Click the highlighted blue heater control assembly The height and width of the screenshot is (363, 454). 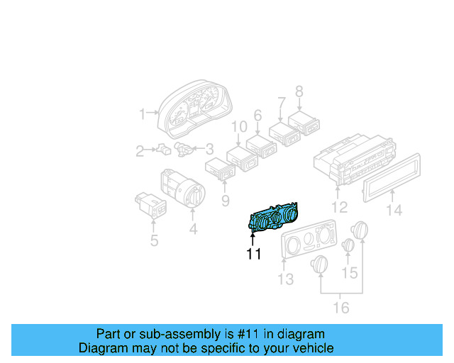pyautogui.click(x=274, y=219)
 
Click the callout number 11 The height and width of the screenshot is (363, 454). pyautogui.click(x=254, y=254)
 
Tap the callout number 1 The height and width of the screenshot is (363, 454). pyautogui.click(x=143, y=113)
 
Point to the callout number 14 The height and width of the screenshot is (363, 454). pyautogui.click(x=394, y=210)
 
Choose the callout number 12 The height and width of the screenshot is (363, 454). pyautogui.click(x=340, y=208)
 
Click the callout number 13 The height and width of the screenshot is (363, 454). pyautogui.click(x=284, y=279)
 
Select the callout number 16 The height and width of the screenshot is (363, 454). pyautogui.click(x=341, y=307)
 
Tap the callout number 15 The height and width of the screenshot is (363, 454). pyautogui.click(x=350, y=272)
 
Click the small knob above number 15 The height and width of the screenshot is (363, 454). pyautogui.click(x=348, y=245)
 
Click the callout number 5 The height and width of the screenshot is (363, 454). pyautogui.click(x=153, y=241)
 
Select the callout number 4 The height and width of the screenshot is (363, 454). pyautogui.click(x=193, y=229)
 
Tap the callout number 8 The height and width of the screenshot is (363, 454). pyautogui.click(x=299, y=91)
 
